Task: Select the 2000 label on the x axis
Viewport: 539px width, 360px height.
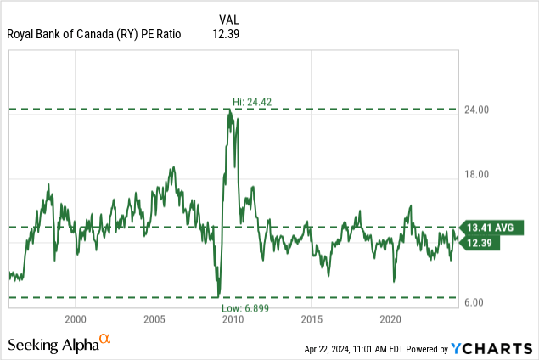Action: coord(76,319)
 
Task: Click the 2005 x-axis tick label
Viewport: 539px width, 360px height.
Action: coord(154,319)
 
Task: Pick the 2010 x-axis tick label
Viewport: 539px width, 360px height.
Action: coord(233,319)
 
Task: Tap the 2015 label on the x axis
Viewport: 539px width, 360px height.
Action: coord(312,319)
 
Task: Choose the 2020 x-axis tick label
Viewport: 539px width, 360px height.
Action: coord(390,319)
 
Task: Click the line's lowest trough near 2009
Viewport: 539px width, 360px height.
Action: coord(218,295)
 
